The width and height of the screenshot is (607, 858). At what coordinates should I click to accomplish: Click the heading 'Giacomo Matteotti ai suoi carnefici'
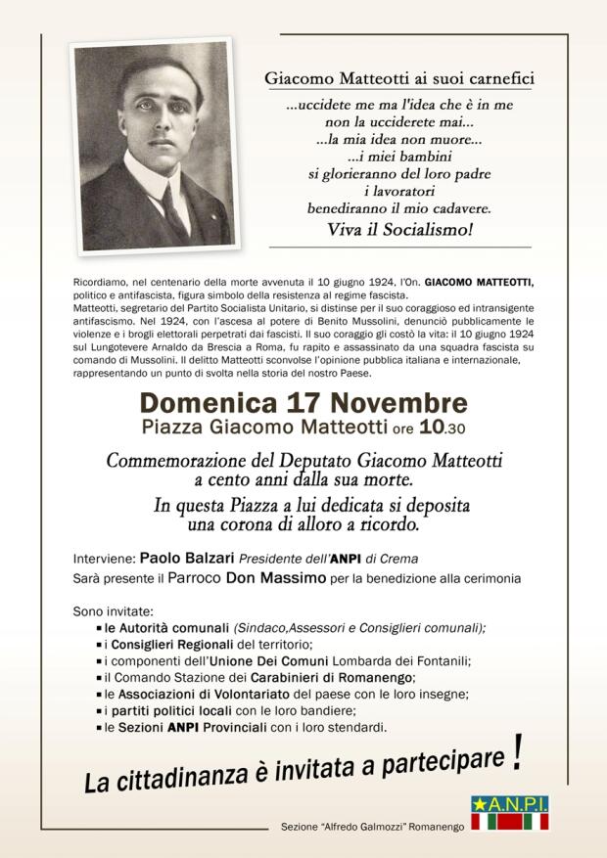(x=397, y=77)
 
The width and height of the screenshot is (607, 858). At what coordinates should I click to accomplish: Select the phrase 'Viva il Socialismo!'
(x=397, y=231)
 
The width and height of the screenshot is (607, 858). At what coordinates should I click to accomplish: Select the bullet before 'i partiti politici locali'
(x=100, y=711)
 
